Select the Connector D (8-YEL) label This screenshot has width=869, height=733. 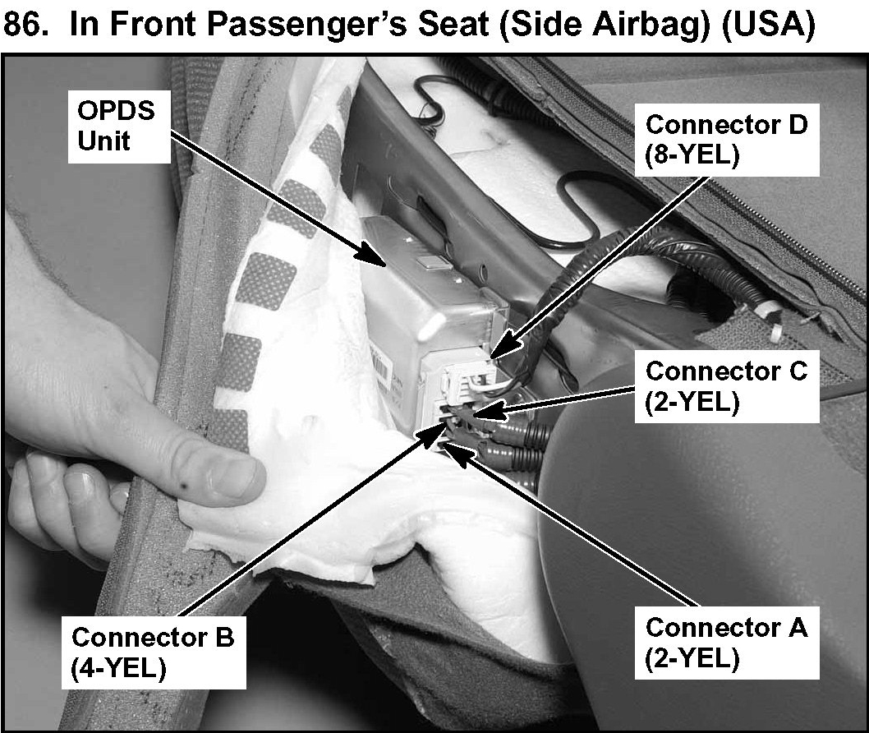[x=727, y=141]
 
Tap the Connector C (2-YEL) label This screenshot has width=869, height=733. [x=727, y=386]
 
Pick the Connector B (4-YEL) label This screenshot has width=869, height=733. [x=154, y=652]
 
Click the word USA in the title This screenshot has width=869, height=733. [x=769, y=25]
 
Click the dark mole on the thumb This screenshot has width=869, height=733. [x=183, y=487]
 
